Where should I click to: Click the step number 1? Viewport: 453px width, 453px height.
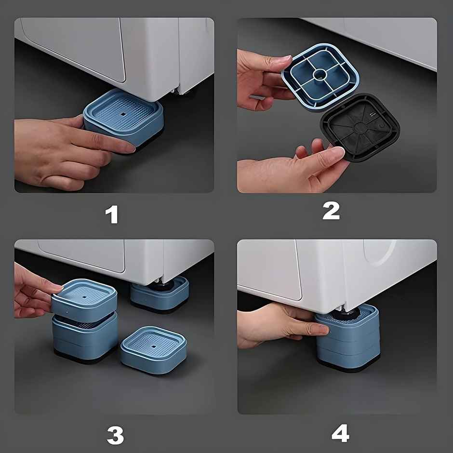[x=112, y=214]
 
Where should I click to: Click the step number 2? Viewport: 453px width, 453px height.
[x=331, y=211]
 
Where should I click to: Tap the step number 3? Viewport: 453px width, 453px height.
[x=115, y=435]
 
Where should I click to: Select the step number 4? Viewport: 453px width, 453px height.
[x=340, y=434]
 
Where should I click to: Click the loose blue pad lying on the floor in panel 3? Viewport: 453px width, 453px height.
[x=153, y=350]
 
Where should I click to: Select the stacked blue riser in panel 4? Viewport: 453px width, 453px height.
[x=347, y=337]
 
